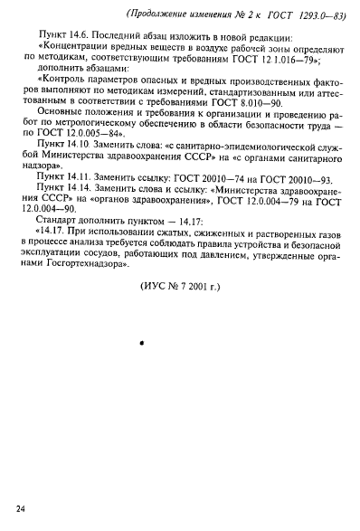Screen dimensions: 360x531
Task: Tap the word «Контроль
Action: (79, 94)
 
